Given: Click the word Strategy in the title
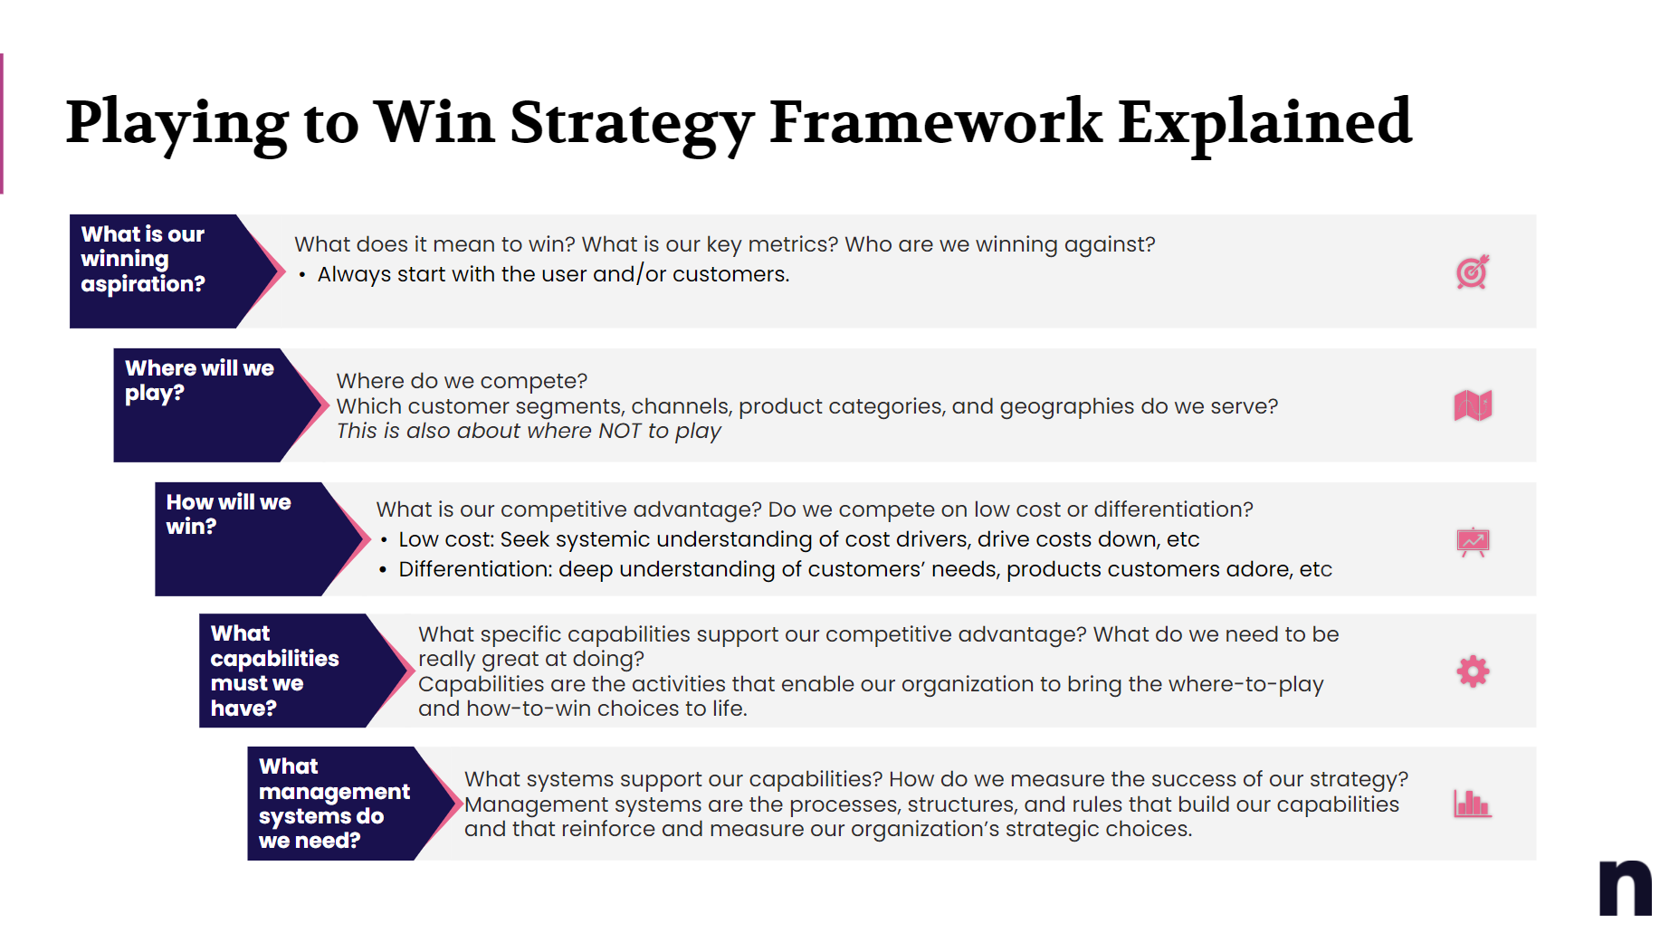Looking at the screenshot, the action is [x=631, y=123].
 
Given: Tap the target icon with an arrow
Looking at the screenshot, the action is [x=1473, y=271].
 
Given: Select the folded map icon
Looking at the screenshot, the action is [x=1473, y=405].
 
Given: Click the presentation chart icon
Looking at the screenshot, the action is [x=1473, y=541].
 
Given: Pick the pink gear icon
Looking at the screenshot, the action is [x=1473, y=671].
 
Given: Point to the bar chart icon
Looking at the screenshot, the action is [x=1473, y=804].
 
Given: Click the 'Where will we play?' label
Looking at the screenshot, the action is [x=199, y=381].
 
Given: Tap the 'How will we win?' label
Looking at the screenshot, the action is [x=228, y=514].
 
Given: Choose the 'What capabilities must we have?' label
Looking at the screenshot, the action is [x=274, y=671].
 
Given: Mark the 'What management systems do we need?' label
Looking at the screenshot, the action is [x=333, y=804].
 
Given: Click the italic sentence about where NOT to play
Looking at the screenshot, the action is [x=529, y=432].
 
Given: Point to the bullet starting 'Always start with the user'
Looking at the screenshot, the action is [x=552, y=274].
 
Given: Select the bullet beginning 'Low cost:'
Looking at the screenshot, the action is [x=798, y=540].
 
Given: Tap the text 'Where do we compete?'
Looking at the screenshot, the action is [x=462, y=381].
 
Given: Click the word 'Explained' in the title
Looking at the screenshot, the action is [x=1264, y=123].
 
